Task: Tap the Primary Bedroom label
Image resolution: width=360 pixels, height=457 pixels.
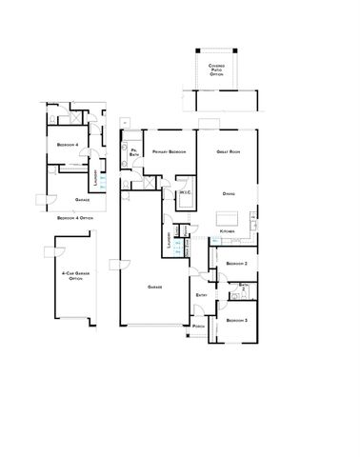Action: (167, 150)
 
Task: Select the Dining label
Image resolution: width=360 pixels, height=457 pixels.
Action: (230, 194)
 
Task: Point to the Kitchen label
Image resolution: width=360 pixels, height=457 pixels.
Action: (227, 231)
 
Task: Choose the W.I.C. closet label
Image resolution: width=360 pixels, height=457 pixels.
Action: (186, 193)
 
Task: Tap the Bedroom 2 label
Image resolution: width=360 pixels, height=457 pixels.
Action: (236, 263)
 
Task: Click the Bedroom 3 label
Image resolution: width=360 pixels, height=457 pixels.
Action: (236, 321)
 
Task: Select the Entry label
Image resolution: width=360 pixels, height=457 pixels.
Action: (202, 295)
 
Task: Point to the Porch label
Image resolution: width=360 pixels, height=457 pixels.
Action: (198, 327)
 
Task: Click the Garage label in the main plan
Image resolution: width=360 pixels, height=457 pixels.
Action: (154, 287)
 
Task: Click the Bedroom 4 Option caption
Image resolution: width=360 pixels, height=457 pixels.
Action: (74, 218)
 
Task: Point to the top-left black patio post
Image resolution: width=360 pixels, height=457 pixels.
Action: (197, 50)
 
